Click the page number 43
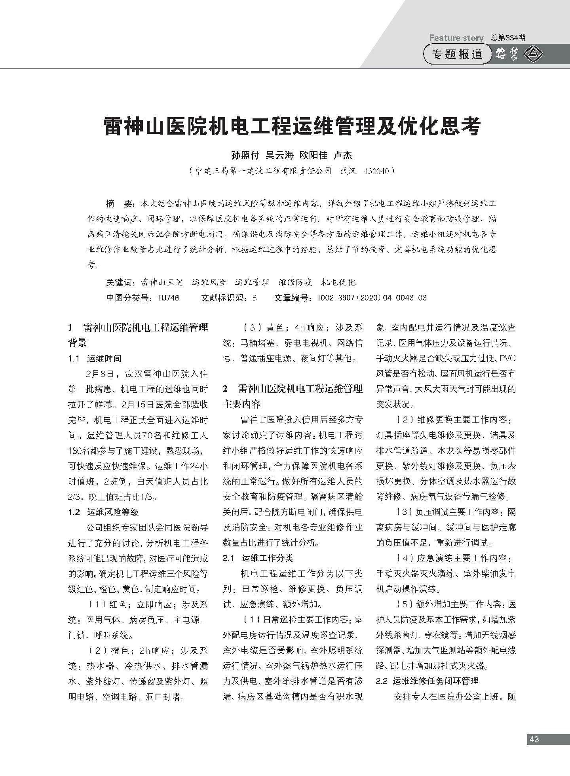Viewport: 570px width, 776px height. click(x=534, y=739)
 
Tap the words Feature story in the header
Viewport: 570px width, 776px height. click(x=456, y=38)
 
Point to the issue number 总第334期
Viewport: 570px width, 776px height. click(x=508, y=38)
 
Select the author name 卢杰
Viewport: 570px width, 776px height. click(x=343, y=155)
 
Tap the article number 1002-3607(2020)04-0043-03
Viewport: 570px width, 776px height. click(x=372, y=298)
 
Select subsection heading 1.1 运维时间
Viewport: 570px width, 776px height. click(x=95, y=358)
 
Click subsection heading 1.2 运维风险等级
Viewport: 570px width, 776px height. click(x=103, y=512)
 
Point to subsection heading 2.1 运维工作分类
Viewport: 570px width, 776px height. click(x=258, y=558)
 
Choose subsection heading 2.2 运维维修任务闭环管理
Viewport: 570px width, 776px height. click(x=427, y=681)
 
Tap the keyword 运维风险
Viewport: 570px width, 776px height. click(x=209, y=282)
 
